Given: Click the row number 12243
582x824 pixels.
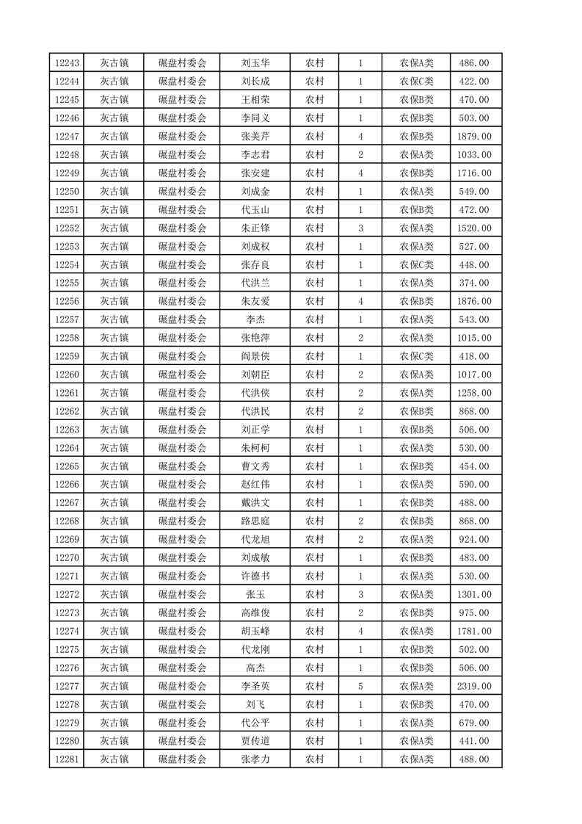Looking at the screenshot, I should click(x=67, y=63).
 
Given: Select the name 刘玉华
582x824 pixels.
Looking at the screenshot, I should click(x=255, y=63).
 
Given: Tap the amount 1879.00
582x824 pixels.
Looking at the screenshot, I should click(x=474, y=137).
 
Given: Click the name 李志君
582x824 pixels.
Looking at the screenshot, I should click(x=255, y=155).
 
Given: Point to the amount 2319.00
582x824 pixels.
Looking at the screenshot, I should click(x=474, y=686).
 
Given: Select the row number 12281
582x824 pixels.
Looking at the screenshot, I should click(x=67, y=759).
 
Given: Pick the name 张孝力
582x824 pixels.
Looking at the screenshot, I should click(x=255, y=759).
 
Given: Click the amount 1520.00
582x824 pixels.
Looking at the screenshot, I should click(x=474, y=228).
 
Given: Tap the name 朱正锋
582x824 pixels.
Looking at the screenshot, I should click(x=255, y=228).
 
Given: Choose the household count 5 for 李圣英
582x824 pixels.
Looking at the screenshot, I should click(x=360, y=686).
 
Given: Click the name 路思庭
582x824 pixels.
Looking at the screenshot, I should click(x=255, y=521).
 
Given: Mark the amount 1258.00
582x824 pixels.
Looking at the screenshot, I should click(x=474, y=393).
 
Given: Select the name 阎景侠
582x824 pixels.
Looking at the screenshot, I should click(x=255, y=356).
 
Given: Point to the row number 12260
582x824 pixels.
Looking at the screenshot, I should click(x=67, y=375).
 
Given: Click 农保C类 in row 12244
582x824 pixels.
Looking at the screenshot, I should click(x=416, y=82).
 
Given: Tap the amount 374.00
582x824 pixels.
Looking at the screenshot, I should click(x=474, y=283).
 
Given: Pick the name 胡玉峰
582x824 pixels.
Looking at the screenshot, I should click(x=255, y=631).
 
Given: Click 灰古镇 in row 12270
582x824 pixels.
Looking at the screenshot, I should click(x=114, y=558).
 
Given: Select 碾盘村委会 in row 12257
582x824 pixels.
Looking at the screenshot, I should click(x=183, y=319).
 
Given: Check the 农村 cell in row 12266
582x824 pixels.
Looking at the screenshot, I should click(x=315, y=485).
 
